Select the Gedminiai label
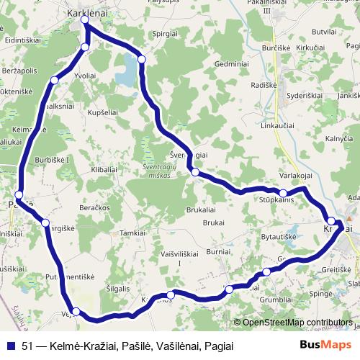[x=231, y=63]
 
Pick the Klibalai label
[x=104, y=168]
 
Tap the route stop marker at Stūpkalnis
[x=284, y=193]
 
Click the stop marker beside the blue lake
[x=142, y=59]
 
